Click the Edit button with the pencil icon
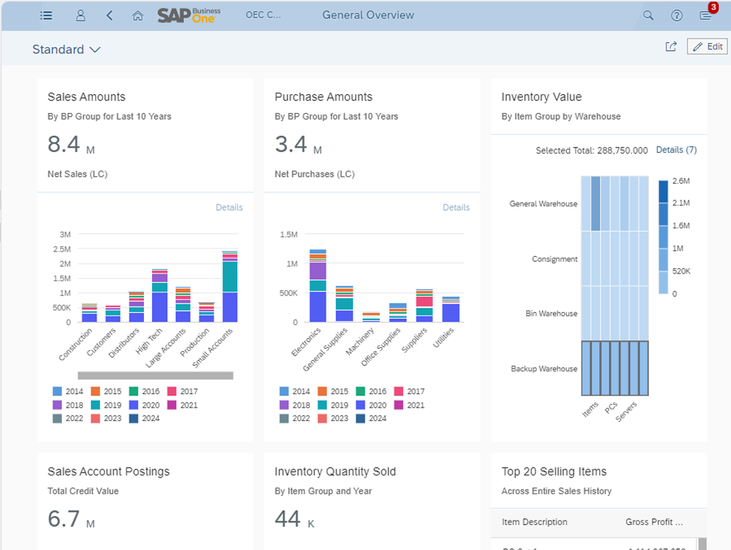tap(707, 47)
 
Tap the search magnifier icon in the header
tap(648, 15)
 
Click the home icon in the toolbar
tap(137, 15)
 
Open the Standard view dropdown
tap(66, 50)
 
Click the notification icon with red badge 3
tap(705, 15)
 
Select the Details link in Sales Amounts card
tap(229, 207)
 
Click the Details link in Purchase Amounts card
tap(456, 207)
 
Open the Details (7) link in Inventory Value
tap(676, 150)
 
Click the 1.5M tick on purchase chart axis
tap(289, 234)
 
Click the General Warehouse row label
tap(543, 203)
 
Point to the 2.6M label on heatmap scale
tap(681, 181)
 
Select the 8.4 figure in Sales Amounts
tap(63, 144)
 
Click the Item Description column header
tap(534, 522)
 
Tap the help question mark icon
tap(677, 15)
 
